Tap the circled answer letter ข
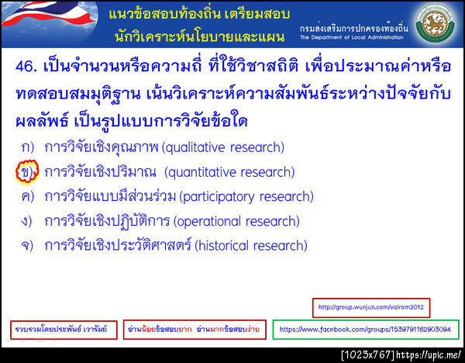pos(26,171)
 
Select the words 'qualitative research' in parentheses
pos(224,147)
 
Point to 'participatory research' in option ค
pos(246,196)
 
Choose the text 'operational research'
pos(236,221)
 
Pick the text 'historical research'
pos(251,246)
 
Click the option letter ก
pos(27,147)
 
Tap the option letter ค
pos(27,196)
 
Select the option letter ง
pos(27,221)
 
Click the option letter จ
pos(27,246)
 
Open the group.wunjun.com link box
pos(371,307)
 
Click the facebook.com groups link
pos(365,330)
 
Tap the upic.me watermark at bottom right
pos(402,355)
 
